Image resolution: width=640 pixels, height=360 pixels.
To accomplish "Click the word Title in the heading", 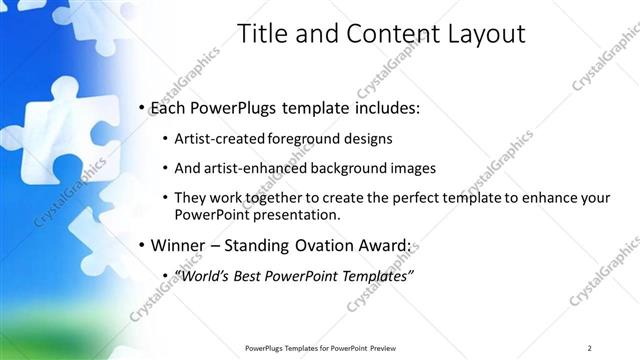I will (263, 34).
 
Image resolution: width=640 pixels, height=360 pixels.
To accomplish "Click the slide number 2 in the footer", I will (590, 347).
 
